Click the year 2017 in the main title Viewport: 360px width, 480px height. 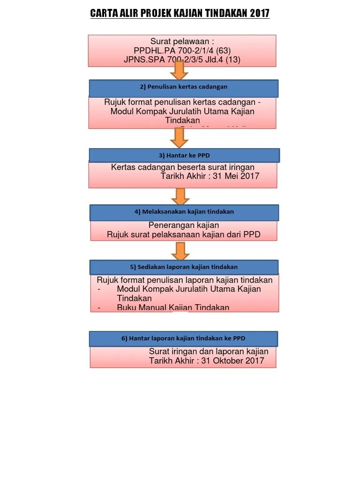pyautogui.click(x=260, y=14)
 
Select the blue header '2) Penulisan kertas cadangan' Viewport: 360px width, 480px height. pyautogui.click(x=184, y=87)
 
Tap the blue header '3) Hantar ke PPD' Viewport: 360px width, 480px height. pyautogui.click(x=184, y=155)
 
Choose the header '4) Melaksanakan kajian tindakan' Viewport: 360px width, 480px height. pyautogui.click(x=184, y=212)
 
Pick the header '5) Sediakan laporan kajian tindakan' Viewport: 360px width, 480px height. pyautogui.click(x=184, y=267)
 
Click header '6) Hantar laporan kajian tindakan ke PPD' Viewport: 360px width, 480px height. pyautogui.click(x=183, y=338)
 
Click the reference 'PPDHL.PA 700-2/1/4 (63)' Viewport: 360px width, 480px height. pyautogui.click(x=182, y=51)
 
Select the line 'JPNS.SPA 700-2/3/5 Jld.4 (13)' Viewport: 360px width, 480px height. pyautogui.click(x=182, y=60)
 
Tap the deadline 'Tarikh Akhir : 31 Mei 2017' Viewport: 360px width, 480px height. pyautogui.click(x=210, y=176)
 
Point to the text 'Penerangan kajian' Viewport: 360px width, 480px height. pyautogui.click(x=184, y=225)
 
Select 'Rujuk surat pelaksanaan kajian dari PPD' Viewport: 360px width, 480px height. pyautogui.click(x=184, y=234)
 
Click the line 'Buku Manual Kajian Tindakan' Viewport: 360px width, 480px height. pyautogui.click(x=173, y=307)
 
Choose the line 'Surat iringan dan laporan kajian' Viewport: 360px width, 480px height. pyautogui.click(x=209, y=352)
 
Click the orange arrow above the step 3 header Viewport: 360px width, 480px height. pyautogui.click(x=179, y=137)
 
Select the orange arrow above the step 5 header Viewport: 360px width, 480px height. pyautogui.click(x=180, y=251)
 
